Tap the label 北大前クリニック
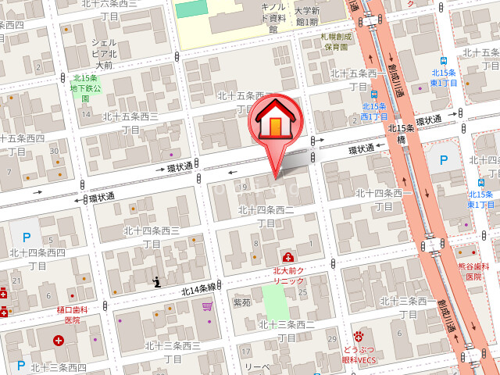(288, 275)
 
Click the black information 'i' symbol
(157, 281)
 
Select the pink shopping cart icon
(206, 306)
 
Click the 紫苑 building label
(242, 302)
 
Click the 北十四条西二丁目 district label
(266, 216)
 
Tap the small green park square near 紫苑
(274, 299)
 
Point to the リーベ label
(257, 367)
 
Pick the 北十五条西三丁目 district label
(131, 123)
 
